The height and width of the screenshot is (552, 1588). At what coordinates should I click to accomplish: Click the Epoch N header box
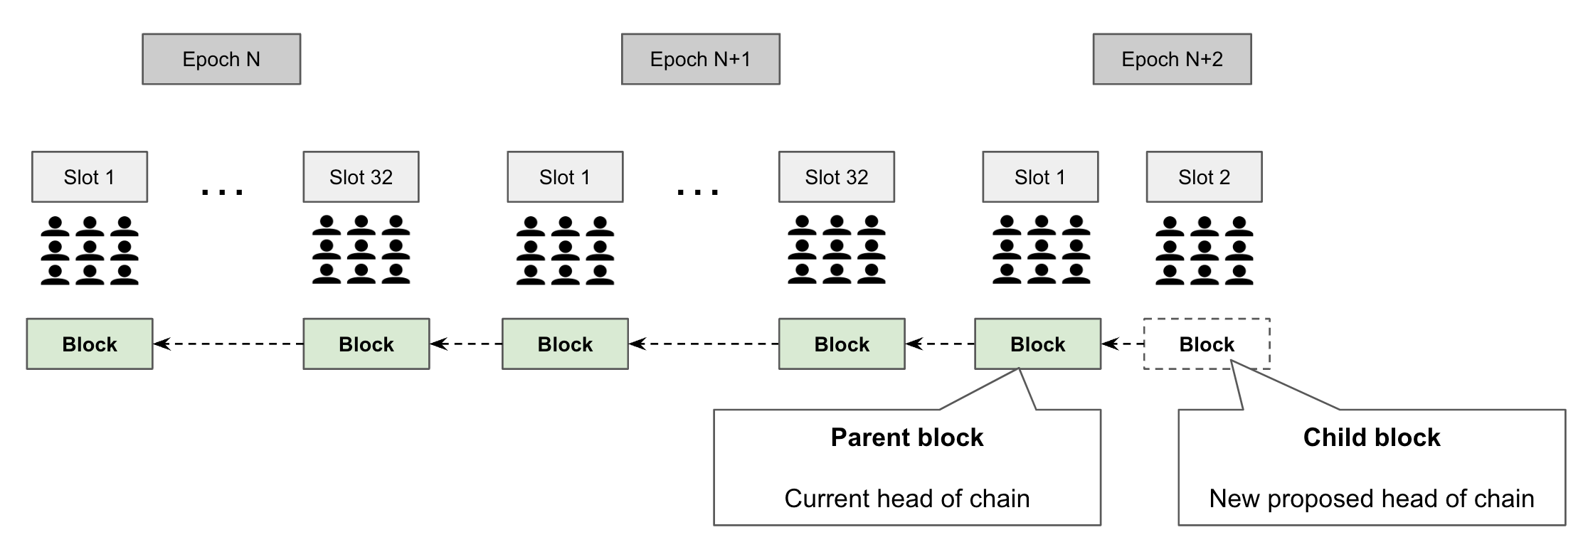pos(221,59)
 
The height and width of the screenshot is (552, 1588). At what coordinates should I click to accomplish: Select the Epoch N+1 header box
pos(700,59)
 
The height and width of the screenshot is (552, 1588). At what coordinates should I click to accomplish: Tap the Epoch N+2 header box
pos(1172,59)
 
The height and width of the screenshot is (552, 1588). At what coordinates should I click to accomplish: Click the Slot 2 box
pos(1204,177)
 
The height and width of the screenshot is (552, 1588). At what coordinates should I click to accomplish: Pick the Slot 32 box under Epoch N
pos(361,177)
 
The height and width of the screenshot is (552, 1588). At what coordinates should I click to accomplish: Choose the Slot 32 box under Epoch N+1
pos(836,177)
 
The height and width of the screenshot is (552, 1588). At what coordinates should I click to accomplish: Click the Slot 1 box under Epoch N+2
pos(1040,177)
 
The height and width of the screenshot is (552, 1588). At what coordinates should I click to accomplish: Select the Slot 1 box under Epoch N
pos(90,177)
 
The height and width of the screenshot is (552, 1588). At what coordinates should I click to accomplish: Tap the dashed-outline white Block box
pos(1207,344)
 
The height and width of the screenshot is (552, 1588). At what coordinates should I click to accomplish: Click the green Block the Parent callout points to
pos(1037,344)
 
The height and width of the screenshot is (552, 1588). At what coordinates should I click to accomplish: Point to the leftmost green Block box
pos(90,344)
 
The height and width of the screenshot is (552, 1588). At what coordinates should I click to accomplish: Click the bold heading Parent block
pos(907,437)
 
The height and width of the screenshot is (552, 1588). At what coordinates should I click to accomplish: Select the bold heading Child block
pos(1372,437)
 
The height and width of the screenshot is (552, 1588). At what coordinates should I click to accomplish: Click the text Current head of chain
pos(907,499)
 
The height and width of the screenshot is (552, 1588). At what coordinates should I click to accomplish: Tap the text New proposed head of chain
pos(1372,499)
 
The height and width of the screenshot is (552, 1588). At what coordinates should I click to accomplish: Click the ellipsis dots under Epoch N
pos(223,191)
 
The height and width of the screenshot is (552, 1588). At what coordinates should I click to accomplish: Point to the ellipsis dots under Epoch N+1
pos(698,191)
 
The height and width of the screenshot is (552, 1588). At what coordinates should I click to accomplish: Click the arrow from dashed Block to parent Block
pos(1123,344)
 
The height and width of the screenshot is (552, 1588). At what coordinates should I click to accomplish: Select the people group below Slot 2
pos(1204,251)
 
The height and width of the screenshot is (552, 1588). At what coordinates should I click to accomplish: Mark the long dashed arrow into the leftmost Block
pos(228,344)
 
